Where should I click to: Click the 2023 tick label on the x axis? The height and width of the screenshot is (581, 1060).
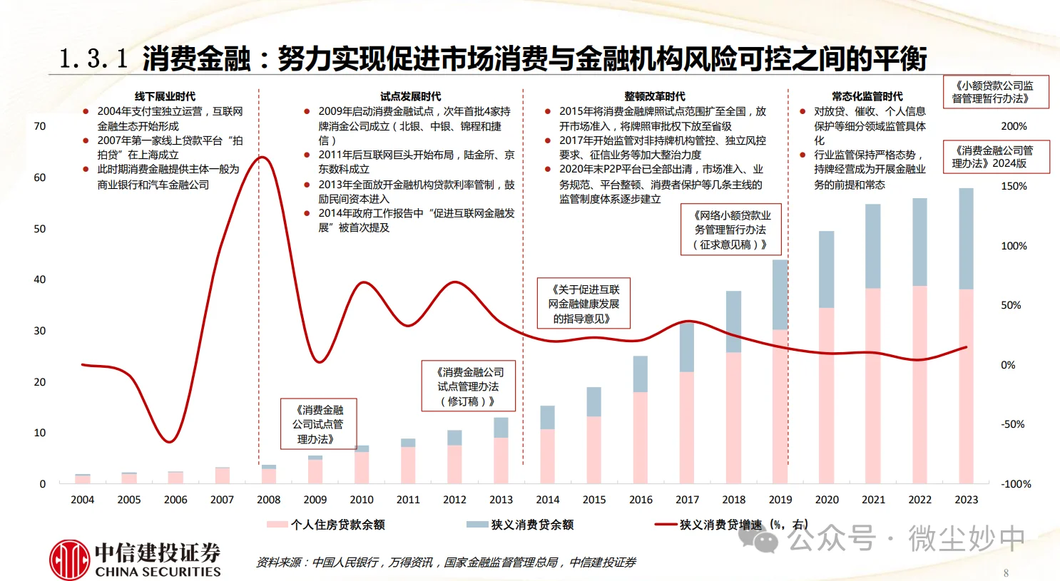(x=966, y=500)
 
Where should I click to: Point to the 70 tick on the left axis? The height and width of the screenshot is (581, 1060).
(x=40, y=126)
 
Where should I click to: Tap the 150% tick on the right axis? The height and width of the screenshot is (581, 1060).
(x=1014, y=186)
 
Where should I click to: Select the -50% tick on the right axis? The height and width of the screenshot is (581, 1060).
(x=1013, y=424)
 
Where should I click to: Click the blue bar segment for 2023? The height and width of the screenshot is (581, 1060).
(x=966, y=238)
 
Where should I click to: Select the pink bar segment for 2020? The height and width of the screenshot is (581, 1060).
(x=826, y=395)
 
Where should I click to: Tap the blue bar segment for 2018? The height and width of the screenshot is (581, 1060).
(x=733, y=321)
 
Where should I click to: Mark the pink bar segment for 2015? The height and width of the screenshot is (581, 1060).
(x=593, y=449)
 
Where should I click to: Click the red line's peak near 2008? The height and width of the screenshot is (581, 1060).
(x=263, y=158)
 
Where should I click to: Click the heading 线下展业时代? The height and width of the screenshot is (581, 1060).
(x=165, y=96)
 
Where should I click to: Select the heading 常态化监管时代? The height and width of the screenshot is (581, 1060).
(x=867, y=96)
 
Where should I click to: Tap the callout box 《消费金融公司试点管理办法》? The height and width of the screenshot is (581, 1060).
(x=317, y=424)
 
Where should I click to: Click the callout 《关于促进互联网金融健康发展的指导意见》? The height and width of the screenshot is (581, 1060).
(x=583, y=304)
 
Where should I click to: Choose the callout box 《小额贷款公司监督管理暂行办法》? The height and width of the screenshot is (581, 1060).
(x=995, y=92)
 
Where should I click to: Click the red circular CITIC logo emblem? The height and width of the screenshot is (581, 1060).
(x=69, y=560)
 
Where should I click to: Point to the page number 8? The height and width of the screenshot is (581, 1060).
(x=1006, y=572)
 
